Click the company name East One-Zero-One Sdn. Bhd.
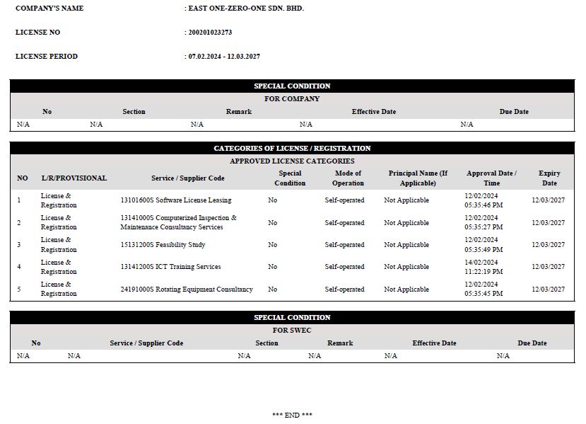point(245,8)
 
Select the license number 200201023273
point(209,33)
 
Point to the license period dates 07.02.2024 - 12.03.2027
point(223,57)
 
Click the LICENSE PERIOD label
point(47,57)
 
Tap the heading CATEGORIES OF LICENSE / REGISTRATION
point(292,149)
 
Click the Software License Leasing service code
point(175,200)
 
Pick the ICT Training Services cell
point(170,267)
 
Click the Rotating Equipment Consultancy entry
point(186,290)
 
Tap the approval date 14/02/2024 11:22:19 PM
point(484,267)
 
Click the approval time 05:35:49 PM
point(484,250)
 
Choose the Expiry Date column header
point(549,178)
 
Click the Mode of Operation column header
point(348,178)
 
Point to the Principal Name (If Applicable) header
point(418,178)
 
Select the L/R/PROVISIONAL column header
point(74,178)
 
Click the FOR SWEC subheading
point(292,331)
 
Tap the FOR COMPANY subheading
point(292,99)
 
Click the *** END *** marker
point(292,415)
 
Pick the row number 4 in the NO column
point(19,267)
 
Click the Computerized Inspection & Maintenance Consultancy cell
point(178,222)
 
